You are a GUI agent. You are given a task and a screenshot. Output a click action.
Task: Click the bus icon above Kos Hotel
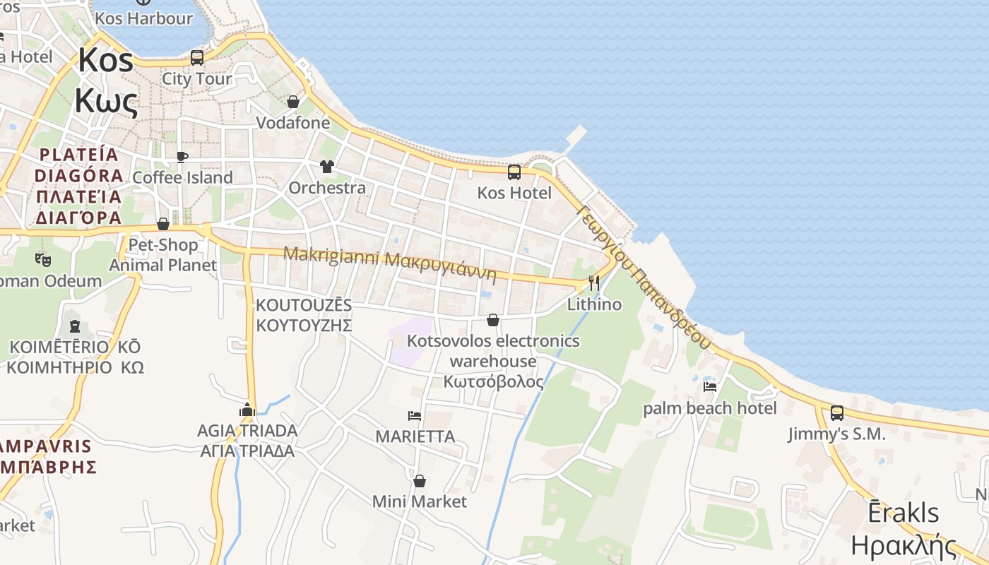514,172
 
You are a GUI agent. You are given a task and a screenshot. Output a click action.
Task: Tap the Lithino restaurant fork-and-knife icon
593,283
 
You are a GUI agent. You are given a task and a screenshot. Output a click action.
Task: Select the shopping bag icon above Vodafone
293,102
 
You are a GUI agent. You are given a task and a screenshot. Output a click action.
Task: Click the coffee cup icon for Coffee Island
182,157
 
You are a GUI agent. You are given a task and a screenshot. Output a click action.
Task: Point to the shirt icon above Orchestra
326,167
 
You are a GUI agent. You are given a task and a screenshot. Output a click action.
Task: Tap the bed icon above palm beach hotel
710,386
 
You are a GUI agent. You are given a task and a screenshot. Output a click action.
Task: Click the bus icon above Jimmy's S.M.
837,412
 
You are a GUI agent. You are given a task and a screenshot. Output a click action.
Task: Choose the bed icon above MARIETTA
415,415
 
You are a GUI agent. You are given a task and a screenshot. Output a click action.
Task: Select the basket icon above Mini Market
420,481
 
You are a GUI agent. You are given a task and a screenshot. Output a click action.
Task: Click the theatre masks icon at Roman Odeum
43,259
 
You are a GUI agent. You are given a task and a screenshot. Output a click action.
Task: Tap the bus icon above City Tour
197,58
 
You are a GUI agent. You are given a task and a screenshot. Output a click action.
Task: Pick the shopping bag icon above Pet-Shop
163,224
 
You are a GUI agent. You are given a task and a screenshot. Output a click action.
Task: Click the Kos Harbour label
143,18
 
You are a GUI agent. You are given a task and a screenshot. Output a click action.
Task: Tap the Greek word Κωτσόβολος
494,382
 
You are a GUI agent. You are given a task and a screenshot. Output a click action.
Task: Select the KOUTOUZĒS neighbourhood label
304,306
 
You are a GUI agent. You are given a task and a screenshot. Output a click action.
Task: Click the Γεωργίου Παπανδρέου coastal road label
643,275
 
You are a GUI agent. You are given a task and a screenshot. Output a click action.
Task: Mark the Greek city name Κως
106,102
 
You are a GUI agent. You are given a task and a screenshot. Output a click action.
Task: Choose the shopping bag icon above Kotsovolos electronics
493,321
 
